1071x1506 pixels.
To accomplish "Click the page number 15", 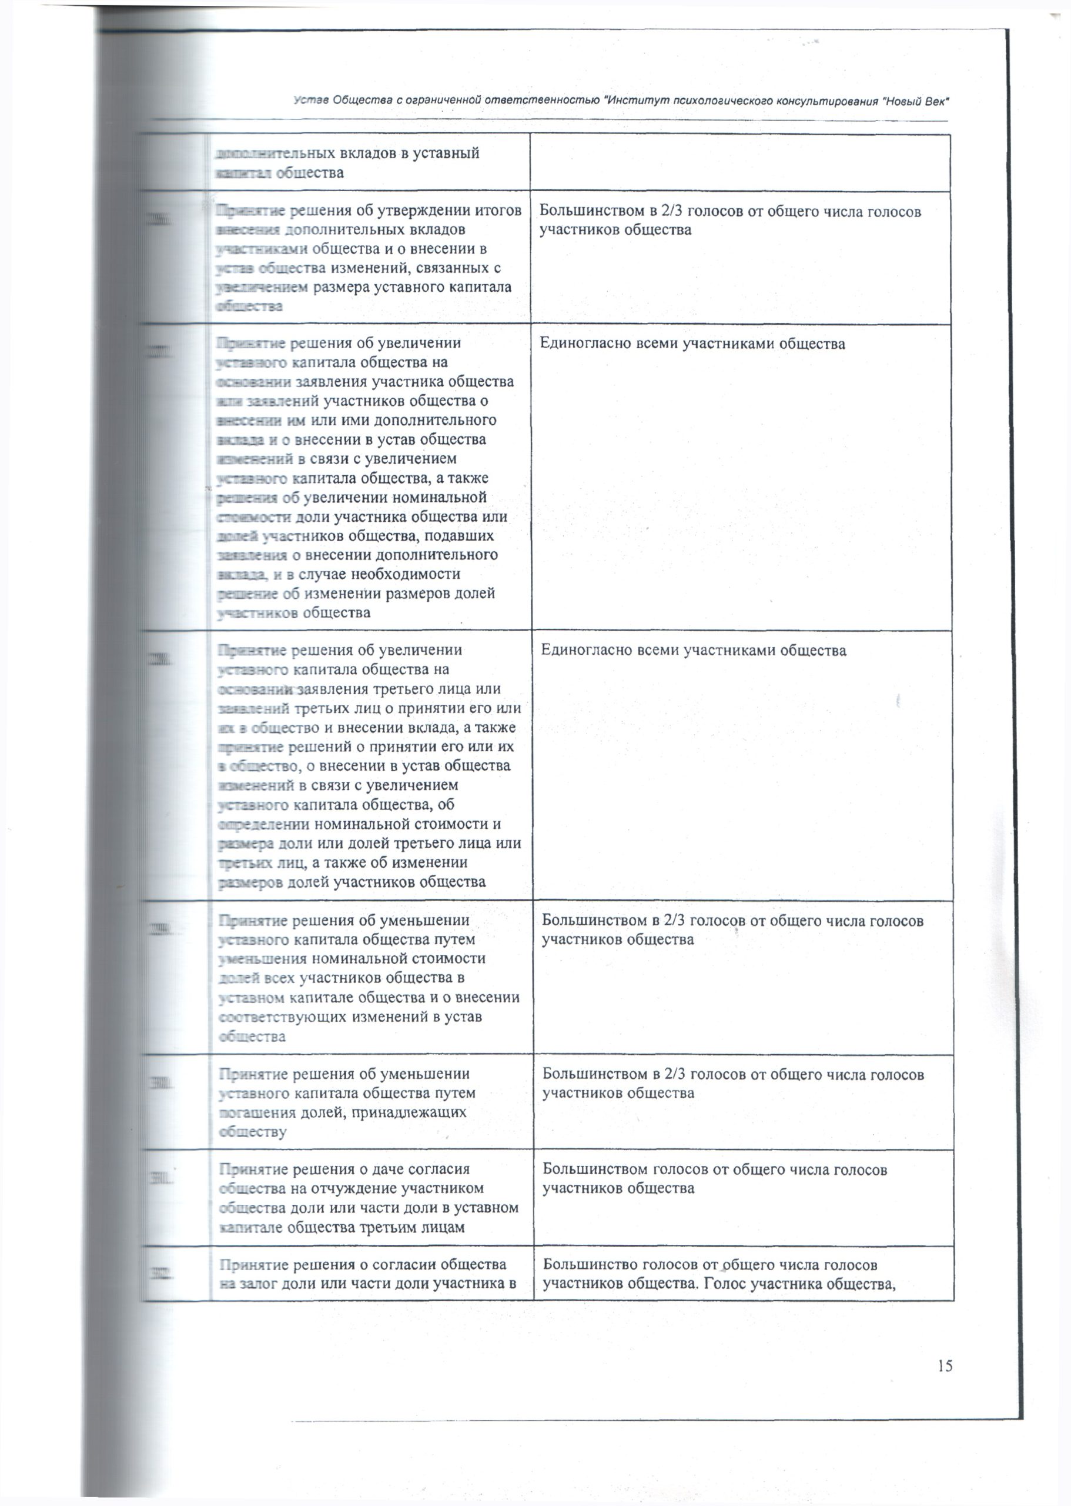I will (x=945, y=1365).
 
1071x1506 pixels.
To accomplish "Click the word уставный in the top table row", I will (x=448, y=154).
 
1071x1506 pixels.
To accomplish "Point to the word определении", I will (x=264, y=824).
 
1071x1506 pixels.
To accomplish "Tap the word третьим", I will (x=386, y=1227).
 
